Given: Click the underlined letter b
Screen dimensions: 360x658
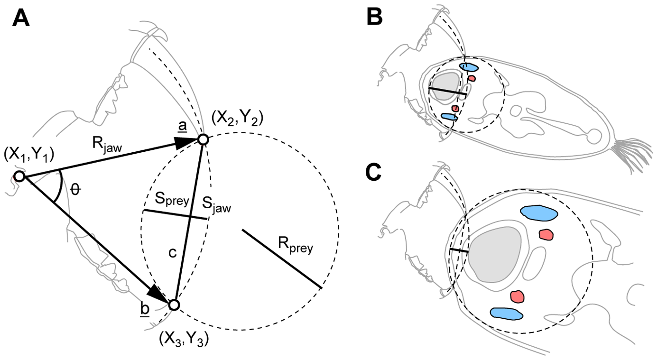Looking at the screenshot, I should coord(145,309).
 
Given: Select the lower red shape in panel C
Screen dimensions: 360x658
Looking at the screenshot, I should coord(517,296).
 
